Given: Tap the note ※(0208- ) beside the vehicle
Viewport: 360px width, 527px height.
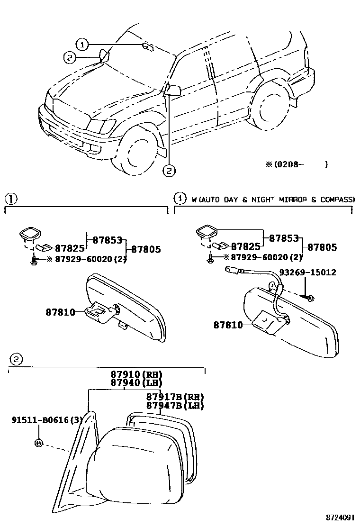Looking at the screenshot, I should tap(296, 164).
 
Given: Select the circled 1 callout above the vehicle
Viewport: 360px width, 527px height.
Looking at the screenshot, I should tap(83, 45).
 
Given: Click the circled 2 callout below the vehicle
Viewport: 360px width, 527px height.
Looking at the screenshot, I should tap(169, 171).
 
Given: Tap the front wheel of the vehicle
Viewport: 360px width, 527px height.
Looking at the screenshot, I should tap(135, 152).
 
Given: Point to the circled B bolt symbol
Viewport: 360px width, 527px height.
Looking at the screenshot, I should tap(38, 443).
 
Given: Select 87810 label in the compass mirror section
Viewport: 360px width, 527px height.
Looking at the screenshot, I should tap(228, 325).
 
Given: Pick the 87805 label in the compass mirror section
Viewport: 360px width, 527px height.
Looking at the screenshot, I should tap(322, 247).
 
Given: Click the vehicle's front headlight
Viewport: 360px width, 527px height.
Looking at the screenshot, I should tap(101, 127).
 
